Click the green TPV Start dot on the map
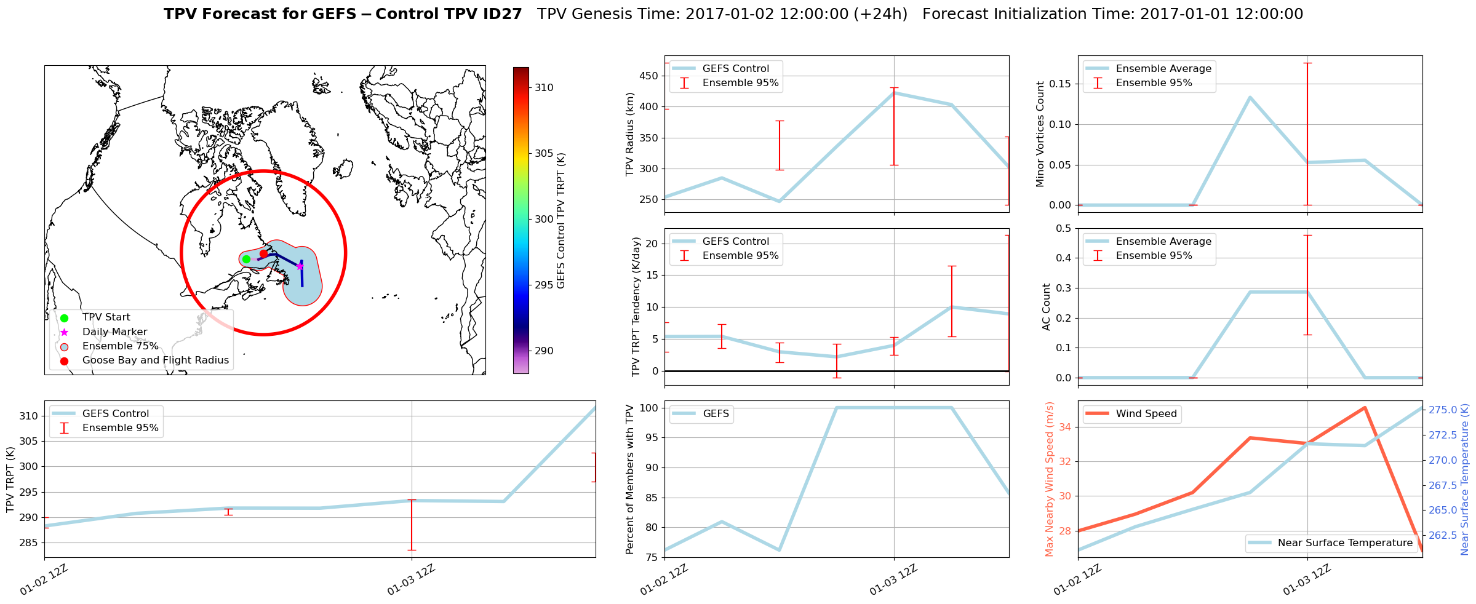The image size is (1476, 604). (x=246, y=259)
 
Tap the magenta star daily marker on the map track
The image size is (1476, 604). (x=300, y=266)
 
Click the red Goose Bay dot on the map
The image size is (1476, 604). (x=263, y=253)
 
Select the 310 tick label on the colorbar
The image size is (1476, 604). (x=544, y=88)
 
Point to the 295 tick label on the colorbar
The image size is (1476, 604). (x=544, y=285)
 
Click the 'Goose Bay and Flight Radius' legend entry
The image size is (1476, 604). (x=155, y=360)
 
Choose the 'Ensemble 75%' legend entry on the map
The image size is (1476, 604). (x=120, y=346)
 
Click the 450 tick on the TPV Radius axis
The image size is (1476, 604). (x=650, y=76)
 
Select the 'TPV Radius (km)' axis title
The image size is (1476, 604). (x=630, y=134)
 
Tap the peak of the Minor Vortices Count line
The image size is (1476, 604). (x=1250, y=97)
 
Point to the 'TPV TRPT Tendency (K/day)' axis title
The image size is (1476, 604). (x=636, y=306)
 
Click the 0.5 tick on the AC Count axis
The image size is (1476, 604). (x=1064, y=229)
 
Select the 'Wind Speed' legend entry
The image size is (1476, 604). (x=1146, y=414)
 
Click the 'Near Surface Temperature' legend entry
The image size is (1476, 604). (x=1344, y=543)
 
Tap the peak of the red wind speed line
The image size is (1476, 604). (x=1365, y=407)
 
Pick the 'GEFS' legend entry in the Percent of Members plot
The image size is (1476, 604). (x=716, y=414)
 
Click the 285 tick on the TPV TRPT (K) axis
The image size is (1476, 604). (x=30, y=543)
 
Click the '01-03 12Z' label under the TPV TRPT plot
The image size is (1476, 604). (x=411, y=580)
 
